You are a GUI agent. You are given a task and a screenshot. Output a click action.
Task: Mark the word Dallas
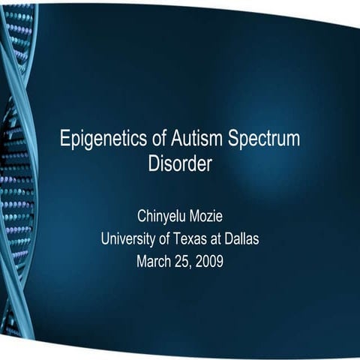(243, 239)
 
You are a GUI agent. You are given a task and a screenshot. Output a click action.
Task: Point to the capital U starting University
(106, 239)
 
